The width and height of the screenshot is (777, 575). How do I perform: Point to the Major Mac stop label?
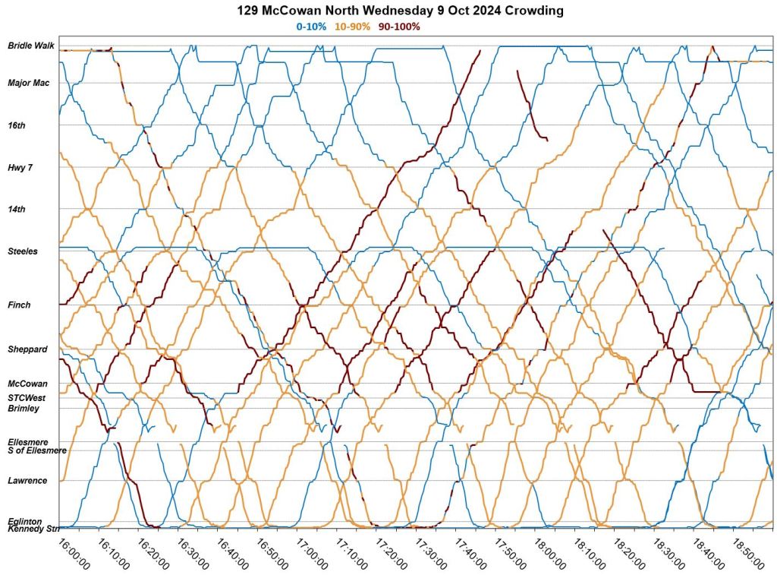pos(29,83)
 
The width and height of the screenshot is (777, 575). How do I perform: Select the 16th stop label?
pos(17,125)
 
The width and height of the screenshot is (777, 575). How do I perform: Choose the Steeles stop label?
pos(23,251)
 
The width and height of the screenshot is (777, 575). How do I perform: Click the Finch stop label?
pos(20,305)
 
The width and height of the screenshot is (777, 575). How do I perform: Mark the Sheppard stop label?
pos(28,349)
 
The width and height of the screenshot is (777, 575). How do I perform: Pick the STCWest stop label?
pos(27,397)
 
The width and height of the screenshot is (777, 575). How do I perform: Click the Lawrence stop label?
pos(27,480)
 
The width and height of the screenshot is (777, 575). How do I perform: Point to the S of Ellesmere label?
pos(37,450)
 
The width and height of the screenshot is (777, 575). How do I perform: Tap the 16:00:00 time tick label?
pos(73,554)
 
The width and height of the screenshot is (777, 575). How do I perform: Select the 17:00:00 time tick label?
pos(313,554)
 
